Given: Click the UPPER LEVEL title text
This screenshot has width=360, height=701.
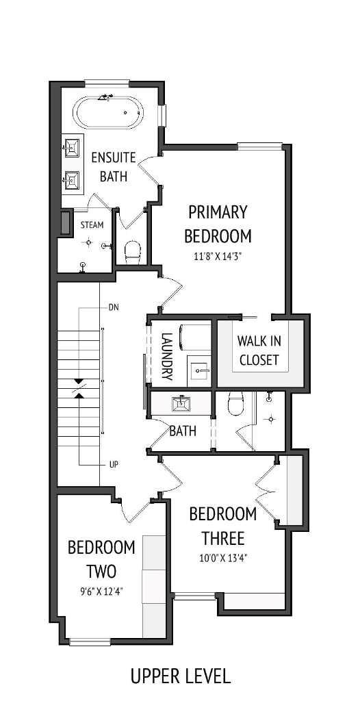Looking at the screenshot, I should pyautogui.click(x=181, y=676).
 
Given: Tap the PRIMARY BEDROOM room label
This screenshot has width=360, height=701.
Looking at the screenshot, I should pyautogui.click(x=218, y=224).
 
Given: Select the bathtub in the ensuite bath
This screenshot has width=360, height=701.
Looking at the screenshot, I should pyautogui.click(x=109, y=112).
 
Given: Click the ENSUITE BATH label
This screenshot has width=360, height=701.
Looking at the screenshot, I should pyautogui.click(x=114, y=167).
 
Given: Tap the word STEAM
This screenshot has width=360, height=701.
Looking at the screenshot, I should pyautogui.click(x=92, y=225).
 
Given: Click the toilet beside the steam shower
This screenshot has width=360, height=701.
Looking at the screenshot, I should pyautogui.click(x=133, y=251).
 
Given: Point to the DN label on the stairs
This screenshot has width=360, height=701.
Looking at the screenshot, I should pyautogui.click(x=114, y=307).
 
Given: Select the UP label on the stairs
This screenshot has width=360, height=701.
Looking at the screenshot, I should pyautogui.click(x=114, y=464).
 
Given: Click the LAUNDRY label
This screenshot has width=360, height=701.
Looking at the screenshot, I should pyautogui.click(x=166, y=356).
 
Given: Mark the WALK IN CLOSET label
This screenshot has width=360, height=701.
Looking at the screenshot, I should pyautogui.click(x=259, y=349).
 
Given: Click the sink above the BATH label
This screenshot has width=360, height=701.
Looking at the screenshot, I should pyautogui.click(x=182, y=404).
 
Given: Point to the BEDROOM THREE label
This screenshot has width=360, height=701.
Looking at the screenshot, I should pyautogui.click(x=223, y=525).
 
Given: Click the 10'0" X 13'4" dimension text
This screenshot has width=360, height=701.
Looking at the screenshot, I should pyautogui.click(x=223, y=558).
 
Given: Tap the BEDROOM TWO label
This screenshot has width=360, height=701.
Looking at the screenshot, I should pyautogui.click(x=101, y=559).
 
